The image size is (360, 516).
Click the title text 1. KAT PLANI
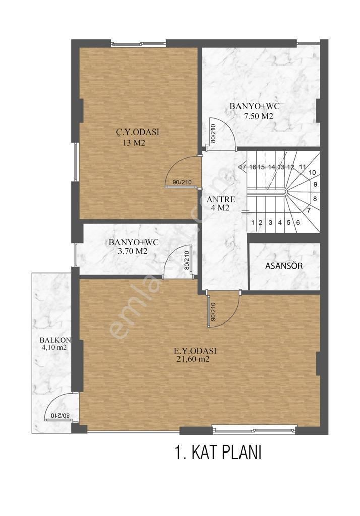pyautogui.click(x=218, y=453)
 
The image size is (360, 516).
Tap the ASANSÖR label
pyautogui.click(x=284, y=266)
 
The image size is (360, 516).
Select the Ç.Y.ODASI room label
pyautogui.click(x=138, y=132)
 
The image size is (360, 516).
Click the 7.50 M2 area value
pyautogui.click(x=255, y=116)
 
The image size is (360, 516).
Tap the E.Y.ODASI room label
pyautogui.click(x=196, y=351)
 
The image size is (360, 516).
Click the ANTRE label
pyautogui.click(x=221, y=199)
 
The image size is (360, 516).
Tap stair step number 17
pyautogui.click(x=243, y=167)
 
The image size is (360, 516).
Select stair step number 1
pyautogui.click(x=252, y=222)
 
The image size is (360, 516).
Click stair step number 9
pyautogui.click(x=315, y=184)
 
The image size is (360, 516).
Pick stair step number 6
pyautogui.click(x=298, y=222)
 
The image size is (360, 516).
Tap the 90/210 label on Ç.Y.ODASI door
pyautogui.click(x=182, y=183)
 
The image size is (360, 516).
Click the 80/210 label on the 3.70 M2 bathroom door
pyautogui.click(x=186, y=260)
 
